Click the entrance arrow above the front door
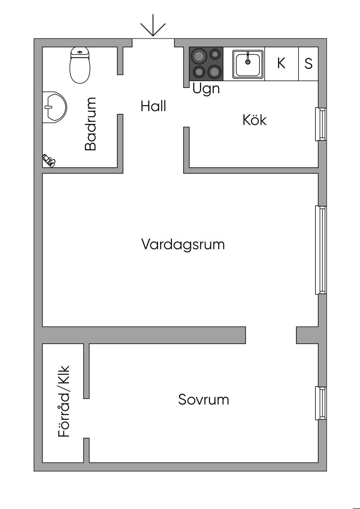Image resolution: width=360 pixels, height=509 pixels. tap(153, 25)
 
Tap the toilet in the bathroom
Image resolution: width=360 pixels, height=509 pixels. tap(80, 65)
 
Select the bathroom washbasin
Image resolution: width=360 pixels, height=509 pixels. tap(54, 107)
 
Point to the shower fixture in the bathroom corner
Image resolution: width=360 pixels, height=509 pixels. tap(49, 160)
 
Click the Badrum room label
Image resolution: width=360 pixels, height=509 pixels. tap(90, 124)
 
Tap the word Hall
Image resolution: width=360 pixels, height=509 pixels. tap(153, 106)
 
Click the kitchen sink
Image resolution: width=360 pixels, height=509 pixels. tap(248, 64)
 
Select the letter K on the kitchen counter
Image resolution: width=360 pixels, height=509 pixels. tap(281, 63)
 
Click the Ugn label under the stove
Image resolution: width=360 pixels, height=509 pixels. tap(206, 89)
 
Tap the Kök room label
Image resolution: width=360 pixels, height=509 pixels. tap(255, 120)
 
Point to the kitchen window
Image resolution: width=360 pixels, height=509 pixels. tap(321, 124)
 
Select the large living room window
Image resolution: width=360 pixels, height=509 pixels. tap(321, 250)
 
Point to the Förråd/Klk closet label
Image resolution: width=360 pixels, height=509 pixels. tap(64, 401)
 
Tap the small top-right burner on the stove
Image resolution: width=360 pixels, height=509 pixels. tap(215, 54)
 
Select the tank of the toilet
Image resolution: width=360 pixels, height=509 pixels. tap(80, 52)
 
